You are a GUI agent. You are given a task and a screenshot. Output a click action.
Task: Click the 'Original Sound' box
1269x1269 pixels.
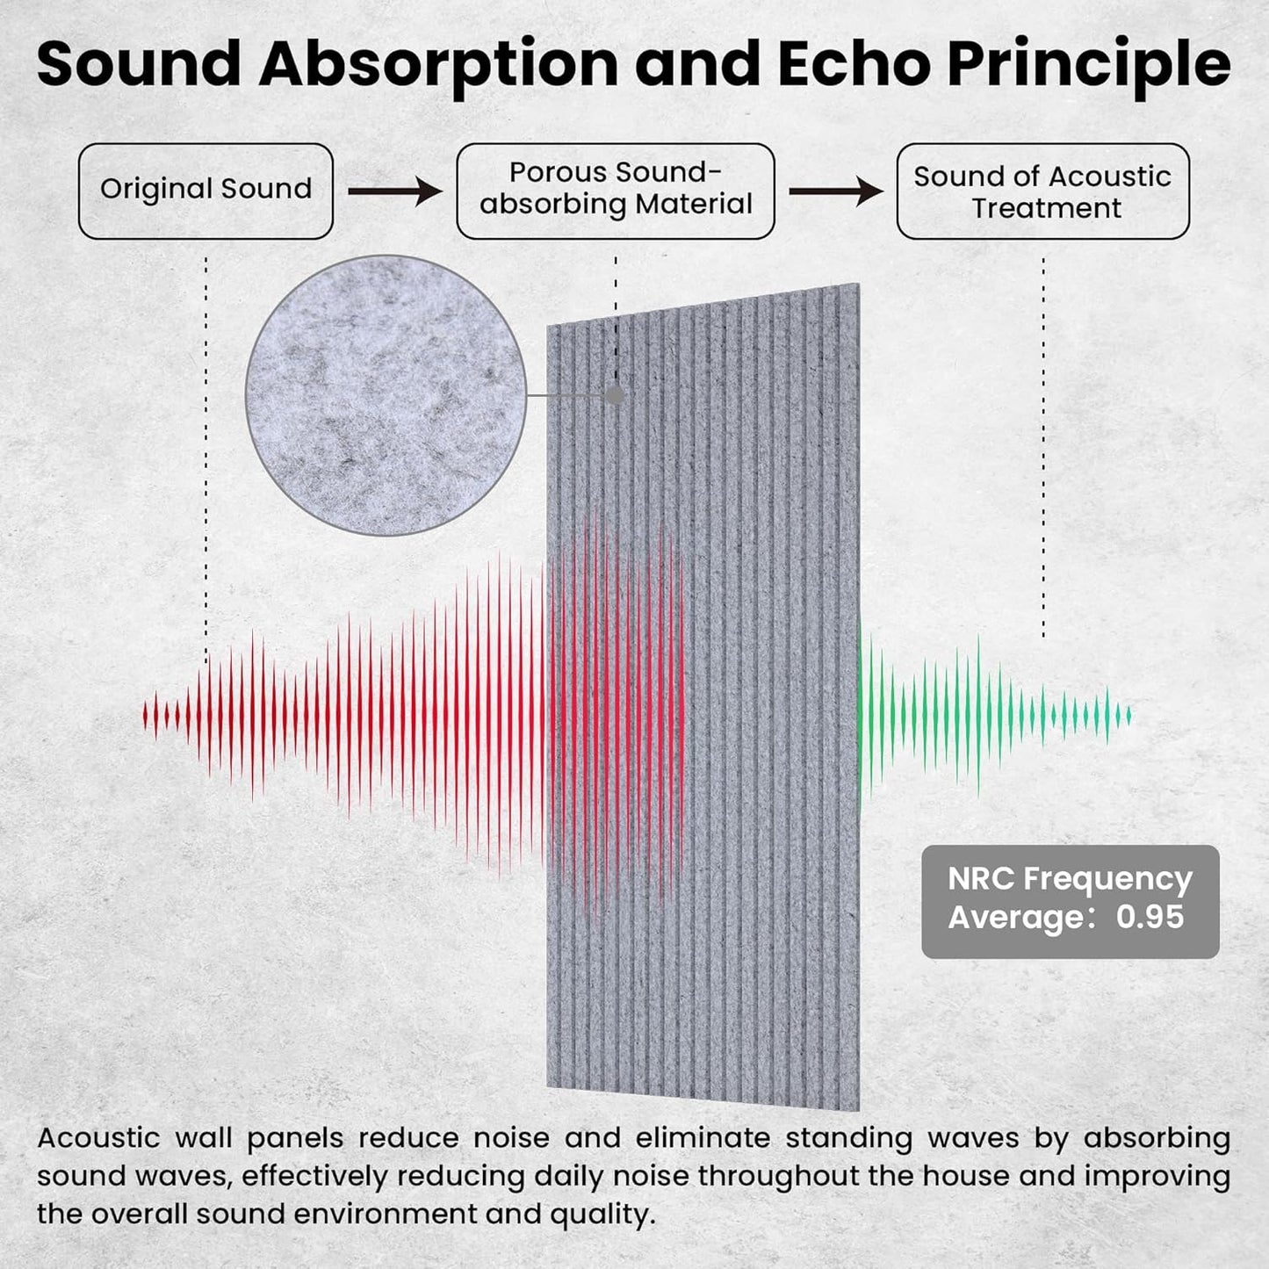(205, 191)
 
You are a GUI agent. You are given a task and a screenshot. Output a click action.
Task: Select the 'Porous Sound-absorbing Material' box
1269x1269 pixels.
(615, 191)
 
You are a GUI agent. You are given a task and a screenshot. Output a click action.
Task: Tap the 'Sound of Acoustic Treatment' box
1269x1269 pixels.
(1042, 191)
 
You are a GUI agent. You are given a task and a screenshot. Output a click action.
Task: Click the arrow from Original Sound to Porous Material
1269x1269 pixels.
(394, 191)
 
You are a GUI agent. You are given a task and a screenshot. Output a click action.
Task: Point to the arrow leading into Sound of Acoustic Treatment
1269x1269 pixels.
(835, 191)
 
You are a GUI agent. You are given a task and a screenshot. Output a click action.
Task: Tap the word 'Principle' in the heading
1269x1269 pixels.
(1089, 65)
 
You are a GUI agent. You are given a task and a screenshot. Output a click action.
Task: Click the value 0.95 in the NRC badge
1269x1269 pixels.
(1150, 917)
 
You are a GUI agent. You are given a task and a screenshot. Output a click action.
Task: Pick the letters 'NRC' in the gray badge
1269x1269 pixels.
(981, 878)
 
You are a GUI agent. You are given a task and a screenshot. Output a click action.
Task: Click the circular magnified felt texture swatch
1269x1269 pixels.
(386, 395)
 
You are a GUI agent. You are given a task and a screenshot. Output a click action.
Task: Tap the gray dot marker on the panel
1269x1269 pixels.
(616, 395)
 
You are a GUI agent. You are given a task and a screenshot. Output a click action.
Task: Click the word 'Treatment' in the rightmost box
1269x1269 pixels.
(1046, 208)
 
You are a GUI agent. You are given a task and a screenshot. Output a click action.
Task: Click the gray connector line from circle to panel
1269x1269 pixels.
(566, 395)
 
